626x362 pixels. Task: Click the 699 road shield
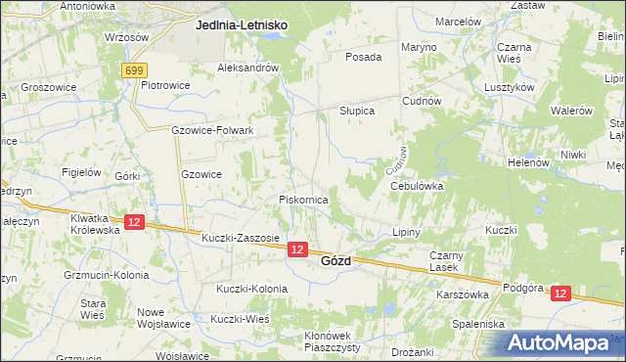pos(135,70)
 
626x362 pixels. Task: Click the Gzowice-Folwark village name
pos(212,130)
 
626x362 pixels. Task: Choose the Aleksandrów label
pos(248,68)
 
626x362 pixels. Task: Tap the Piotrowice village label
pos(164,85)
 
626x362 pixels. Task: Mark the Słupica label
pos(357,111)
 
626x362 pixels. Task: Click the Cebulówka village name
pos(418,185)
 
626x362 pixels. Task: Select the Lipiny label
pos(405,233)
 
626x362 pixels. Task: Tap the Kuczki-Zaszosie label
pos(241,238)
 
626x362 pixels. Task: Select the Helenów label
pos(528,162)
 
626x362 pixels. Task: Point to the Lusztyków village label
pos(509,87)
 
